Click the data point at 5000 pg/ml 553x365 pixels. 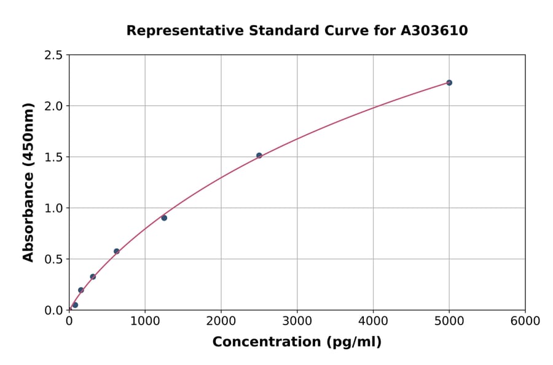(x=449, y=82)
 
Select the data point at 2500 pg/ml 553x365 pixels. (x=259, y=155)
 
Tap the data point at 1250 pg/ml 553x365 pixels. (x=164, y=218)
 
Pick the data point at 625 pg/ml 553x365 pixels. (x=116, y=251)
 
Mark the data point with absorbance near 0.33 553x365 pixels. (x=93, y=277)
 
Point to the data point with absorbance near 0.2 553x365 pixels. (x=80, y=290)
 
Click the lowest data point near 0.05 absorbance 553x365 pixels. (x=75, y=305)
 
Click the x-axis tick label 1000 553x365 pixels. (x=145, y=321)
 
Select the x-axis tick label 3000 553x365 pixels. (x=297, y=321)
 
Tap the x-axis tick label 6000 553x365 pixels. (x=525, y=321)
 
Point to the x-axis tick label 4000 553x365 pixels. (x=373, y=321)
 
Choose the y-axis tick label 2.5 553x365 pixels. (x=53, y=55)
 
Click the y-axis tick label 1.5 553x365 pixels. (x=53, y=157)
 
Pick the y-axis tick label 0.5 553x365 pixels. (x=53, y=259)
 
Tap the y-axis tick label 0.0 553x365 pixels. (x=53, y=310)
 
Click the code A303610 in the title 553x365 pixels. (x=434, y=31)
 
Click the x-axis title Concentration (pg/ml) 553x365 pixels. (x=297, y=342)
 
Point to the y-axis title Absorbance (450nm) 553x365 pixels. (x=28, y=182)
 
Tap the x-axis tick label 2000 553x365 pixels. (x=221, y=321)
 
